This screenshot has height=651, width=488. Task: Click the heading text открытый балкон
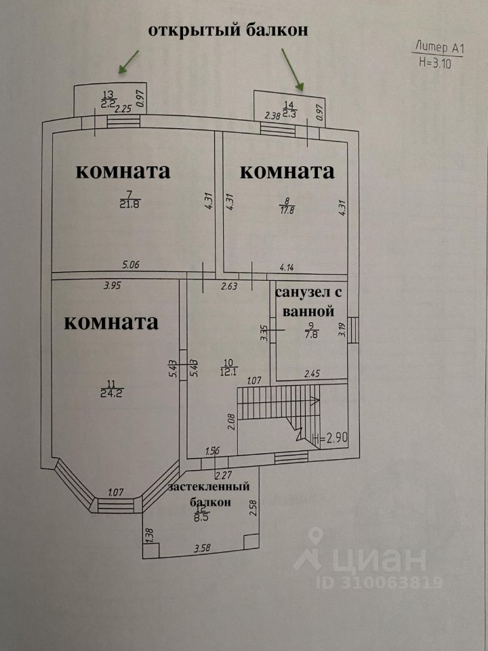tap(228, 31)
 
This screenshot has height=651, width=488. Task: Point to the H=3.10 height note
tap(435, 63)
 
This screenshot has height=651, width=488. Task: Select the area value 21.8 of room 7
tap(130, 204)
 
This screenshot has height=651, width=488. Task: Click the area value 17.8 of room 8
tap(287, 209)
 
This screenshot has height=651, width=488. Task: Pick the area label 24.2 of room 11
tap(112, 393)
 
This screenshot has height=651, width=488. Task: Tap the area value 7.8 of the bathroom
tap(311, 334)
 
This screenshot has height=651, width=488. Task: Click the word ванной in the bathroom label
tap(308, 311)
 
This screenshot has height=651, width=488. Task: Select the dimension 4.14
tap(287, 268)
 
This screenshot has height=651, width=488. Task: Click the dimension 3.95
tap(112, 285)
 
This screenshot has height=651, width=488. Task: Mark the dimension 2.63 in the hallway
tap(228, 286)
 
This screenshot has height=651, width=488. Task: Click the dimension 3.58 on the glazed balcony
tap(203, 548)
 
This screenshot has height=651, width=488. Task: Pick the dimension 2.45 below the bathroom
tap(312, 374)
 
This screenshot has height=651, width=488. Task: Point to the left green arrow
tap(128, 62)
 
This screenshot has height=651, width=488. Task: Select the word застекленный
tap(209, 487)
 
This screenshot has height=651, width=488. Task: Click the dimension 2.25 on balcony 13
tap(123, 110)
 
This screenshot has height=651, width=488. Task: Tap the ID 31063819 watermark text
tap(380, 582)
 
